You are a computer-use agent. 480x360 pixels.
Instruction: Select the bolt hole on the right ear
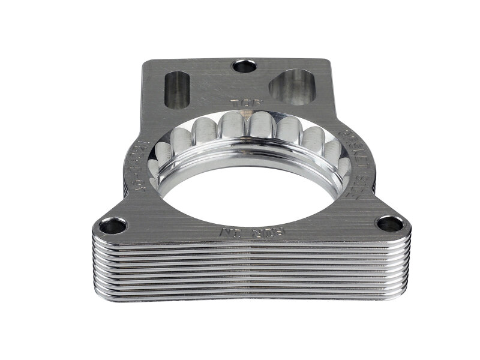coord(389,224)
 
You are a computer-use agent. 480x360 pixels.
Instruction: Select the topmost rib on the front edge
coord(252,244)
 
